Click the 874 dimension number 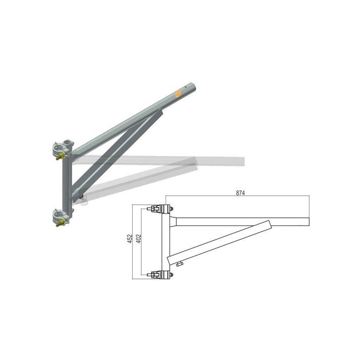pyautogui.click(x=240, y=193)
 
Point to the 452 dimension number pyautogui.click(x=130, y=238)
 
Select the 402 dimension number pyautogui.click(x=139, y=238)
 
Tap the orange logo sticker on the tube pyautogui.click(x=178, y=94)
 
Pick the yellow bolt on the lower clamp pyautogui.click(x=60, y=223)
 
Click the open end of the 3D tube pyautogui.click(x=193, y=86)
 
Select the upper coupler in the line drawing pyautogui.click(x=160, y=209)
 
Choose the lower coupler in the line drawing pyautogui.click(x=160, y=274)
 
